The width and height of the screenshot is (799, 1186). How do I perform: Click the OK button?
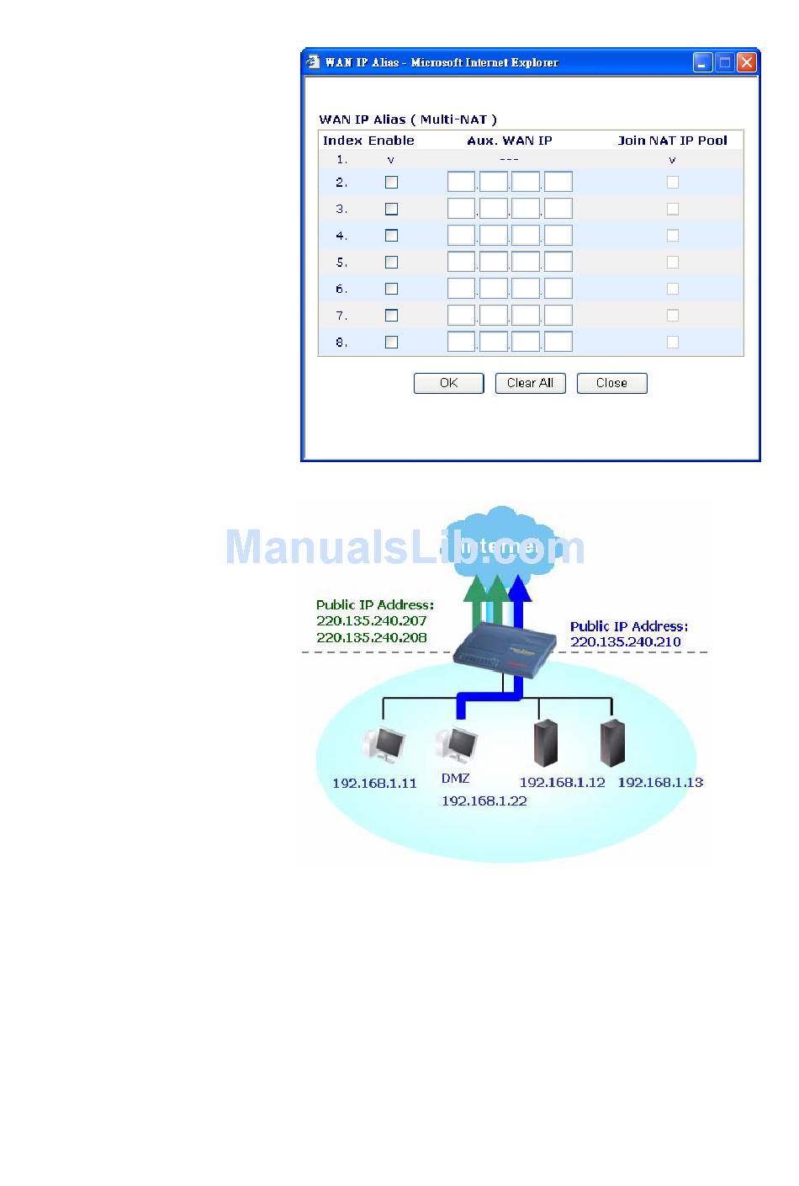point(448,383)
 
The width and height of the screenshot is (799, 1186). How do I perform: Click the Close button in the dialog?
point(611,383)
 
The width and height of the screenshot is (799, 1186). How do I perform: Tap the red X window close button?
point(746,62)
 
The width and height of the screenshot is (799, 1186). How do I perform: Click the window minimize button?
point(702,62)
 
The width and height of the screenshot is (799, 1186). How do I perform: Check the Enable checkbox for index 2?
point(391,183)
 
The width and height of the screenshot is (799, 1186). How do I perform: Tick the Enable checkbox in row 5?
point(391,263)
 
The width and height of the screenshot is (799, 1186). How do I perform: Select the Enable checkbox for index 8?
point(391,343)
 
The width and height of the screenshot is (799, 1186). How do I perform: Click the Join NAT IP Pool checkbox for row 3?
point(672,209)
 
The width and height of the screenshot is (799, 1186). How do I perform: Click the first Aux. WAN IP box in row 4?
point(461,236)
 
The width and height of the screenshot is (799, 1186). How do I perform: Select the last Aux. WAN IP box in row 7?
point(558,316)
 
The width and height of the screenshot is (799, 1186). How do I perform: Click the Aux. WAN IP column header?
point(510,141)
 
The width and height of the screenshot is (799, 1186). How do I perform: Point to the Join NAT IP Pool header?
point(672,141)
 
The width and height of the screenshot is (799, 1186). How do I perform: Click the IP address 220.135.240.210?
point(626,642)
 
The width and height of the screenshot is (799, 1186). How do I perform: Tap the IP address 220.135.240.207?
point(372,621)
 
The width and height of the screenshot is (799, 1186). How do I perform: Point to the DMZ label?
point(456,779)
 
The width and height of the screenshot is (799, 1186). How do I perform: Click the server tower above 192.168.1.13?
point(612,742)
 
